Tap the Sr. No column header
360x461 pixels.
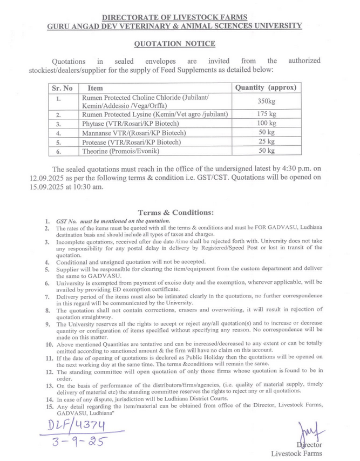(x=62, y=87)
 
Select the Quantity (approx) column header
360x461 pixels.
(x=266, y=87)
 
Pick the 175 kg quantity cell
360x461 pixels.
(x=266, y=114)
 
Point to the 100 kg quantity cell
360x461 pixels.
(x=266, y=124)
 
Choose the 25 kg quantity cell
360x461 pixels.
(x=266, y=141)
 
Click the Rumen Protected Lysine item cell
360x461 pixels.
(x=154, y=114)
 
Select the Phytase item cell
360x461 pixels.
(x=133, y=124)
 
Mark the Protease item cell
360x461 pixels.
(x=131, y=141)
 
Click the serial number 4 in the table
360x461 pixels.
(x=58, y=133)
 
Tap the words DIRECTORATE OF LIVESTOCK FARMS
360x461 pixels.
(x=174, y=17)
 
